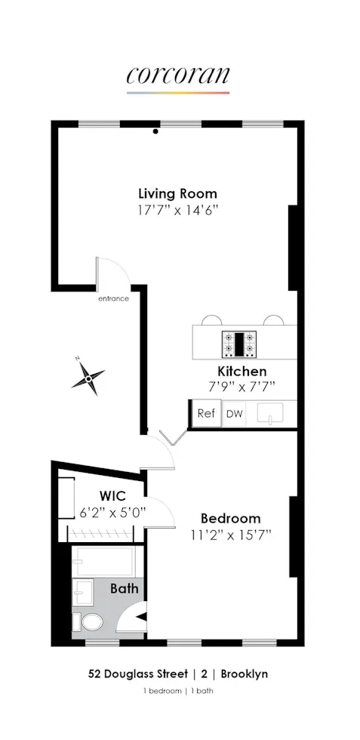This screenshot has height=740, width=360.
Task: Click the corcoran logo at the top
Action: click(x=178, y=76)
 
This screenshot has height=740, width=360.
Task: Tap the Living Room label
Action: click(x=177, y=193)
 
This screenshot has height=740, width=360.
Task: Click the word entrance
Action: click(x=113, y=298)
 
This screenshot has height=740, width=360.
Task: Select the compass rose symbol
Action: click(x=88, y=376)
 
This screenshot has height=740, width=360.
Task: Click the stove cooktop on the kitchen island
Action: click(x=239, y=344)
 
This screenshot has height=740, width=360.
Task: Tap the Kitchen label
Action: click(x=242, y=372)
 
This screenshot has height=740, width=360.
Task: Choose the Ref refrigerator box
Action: click(x=205, y=414)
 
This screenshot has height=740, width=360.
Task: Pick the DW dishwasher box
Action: click(x=235, y=414)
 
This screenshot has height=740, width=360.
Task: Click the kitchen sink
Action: click(x=269, y=414)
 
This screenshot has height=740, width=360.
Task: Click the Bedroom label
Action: click(x=230, y=519)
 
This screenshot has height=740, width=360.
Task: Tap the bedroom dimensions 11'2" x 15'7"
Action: click(x=230, y=535)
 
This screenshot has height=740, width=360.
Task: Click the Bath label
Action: click(x=125, y=588)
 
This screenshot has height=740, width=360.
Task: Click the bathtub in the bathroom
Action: click(x=104, y=560)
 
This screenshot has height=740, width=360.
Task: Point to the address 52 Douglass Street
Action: click(x=130, y=674)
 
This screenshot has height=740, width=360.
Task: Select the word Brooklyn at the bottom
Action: click(x=242, y=674)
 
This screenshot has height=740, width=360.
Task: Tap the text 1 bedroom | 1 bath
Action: click(x=178, y=692)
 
